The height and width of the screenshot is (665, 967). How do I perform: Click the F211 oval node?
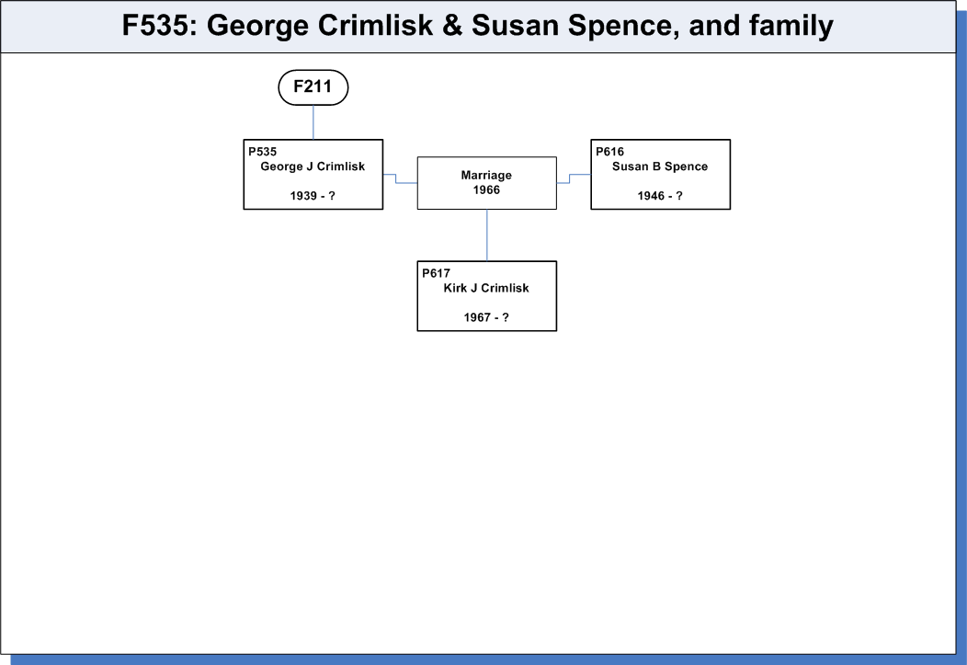pyautogui.click(x=313, y=87)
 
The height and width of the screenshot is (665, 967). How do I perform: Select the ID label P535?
pyautogui.click(x=263, y=152)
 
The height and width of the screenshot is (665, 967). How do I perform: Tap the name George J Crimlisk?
pyautogui.click(x=313, y=166)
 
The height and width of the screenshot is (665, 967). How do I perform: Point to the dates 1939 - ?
pyautogui.click(x=313, y=196)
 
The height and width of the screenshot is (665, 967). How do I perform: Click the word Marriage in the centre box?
pyautogui.click(x=486, y=175)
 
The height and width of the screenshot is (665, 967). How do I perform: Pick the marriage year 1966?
pyautogui.click(x=486, y=190)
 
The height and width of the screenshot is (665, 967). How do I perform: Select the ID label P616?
pyautogui.click(x=610, y=152)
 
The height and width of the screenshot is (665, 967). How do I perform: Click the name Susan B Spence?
pyautogui.click(x=660, y=166)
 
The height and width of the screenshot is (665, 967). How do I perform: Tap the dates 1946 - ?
pyautogui.click(x=660, y=196)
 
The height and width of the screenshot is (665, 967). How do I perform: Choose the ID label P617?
pyautogui.click(x=436, y=273)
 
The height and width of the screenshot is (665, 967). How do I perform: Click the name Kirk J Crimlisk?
pyautogui.click(x=486, y=288)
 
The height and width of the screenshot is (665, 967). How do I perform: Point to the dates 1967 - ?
pyautogui.click(x=486, y=317)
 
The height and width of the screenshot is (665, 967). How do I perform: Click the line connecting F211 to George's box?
pyautogui.click(x=313, y=122)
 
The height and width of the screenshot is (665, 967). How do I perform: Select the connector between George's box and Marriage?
pyautogui.click(x=396, y=178)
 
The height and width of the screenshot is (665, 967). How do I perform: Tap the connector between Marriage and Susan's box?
pyautogui.click(x=570, y=178)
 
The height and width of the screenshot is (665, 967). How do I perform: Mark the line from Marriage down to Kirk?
pyautogui.click(x=487, y=235)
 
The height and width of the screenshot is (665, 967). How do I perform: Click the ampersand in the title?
pyautogui.click(x=452, y=26)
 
